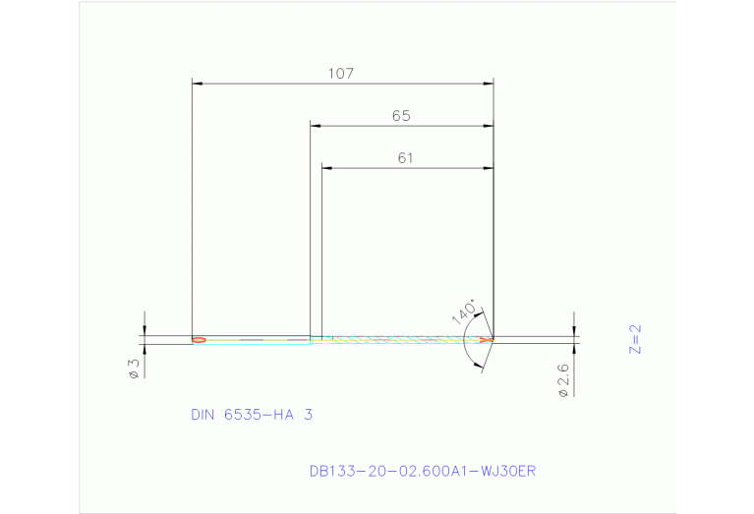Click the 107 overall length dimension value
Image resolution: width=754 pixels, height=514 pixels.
341,74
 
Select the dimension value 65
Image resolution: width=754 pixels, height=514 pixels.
400,116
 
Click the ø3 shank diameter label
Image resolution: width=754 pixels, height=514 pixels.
133,369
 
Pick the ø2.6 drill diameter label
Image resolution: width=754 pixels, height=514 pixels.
563,378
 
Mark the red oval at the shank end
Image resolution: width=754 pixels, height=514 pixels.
199,340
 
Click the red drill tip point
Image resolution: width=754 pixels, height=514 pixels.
487,339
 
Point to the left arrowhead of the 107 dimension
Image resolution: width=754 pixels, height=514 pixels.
196,85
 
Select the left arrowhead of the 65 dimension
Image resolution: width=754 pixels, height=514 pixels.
315,126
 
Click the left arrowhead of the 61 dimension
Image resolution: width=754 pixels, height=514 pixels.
327,168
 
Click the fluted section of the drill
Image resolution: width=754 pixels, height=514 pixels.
403,339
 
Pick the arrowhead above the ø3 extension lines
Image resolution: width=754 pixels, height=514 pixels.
145,330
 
